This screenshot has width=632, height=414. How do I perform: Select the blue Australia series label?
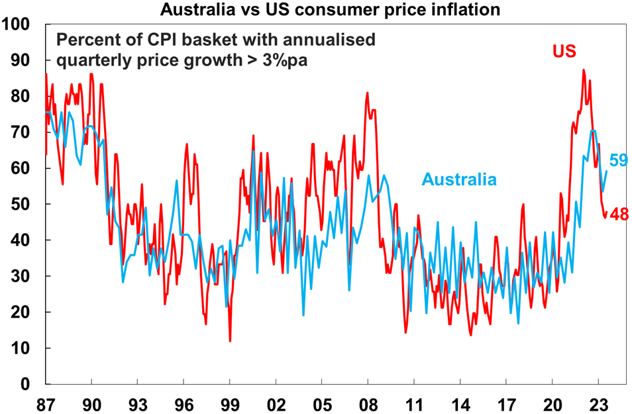(460, 179)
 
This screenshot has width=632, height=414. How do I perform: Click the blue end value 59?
(618, 160)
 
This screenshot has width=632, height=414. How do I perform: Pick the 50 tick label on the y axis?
(21, 205)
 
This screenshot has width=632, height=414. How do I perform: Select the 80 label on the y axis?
(21, 97)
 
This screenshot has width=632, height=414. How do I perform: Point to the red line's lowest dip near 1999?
(230, 341)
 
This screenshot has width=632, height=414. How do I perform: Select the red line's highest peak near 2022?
(583, 70)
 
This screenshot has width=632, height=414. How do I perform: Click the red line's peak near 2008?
(367, 93)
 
